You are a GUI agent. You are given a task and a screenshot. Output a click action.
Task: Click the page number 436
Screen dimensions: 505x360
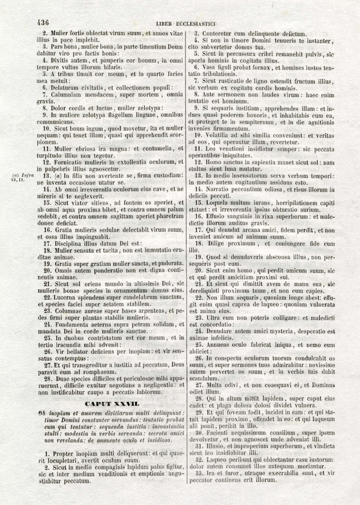(43, 23)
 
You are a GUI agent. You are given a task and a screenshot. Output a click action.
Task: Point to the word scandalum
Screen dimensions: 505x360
(202, 378)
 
